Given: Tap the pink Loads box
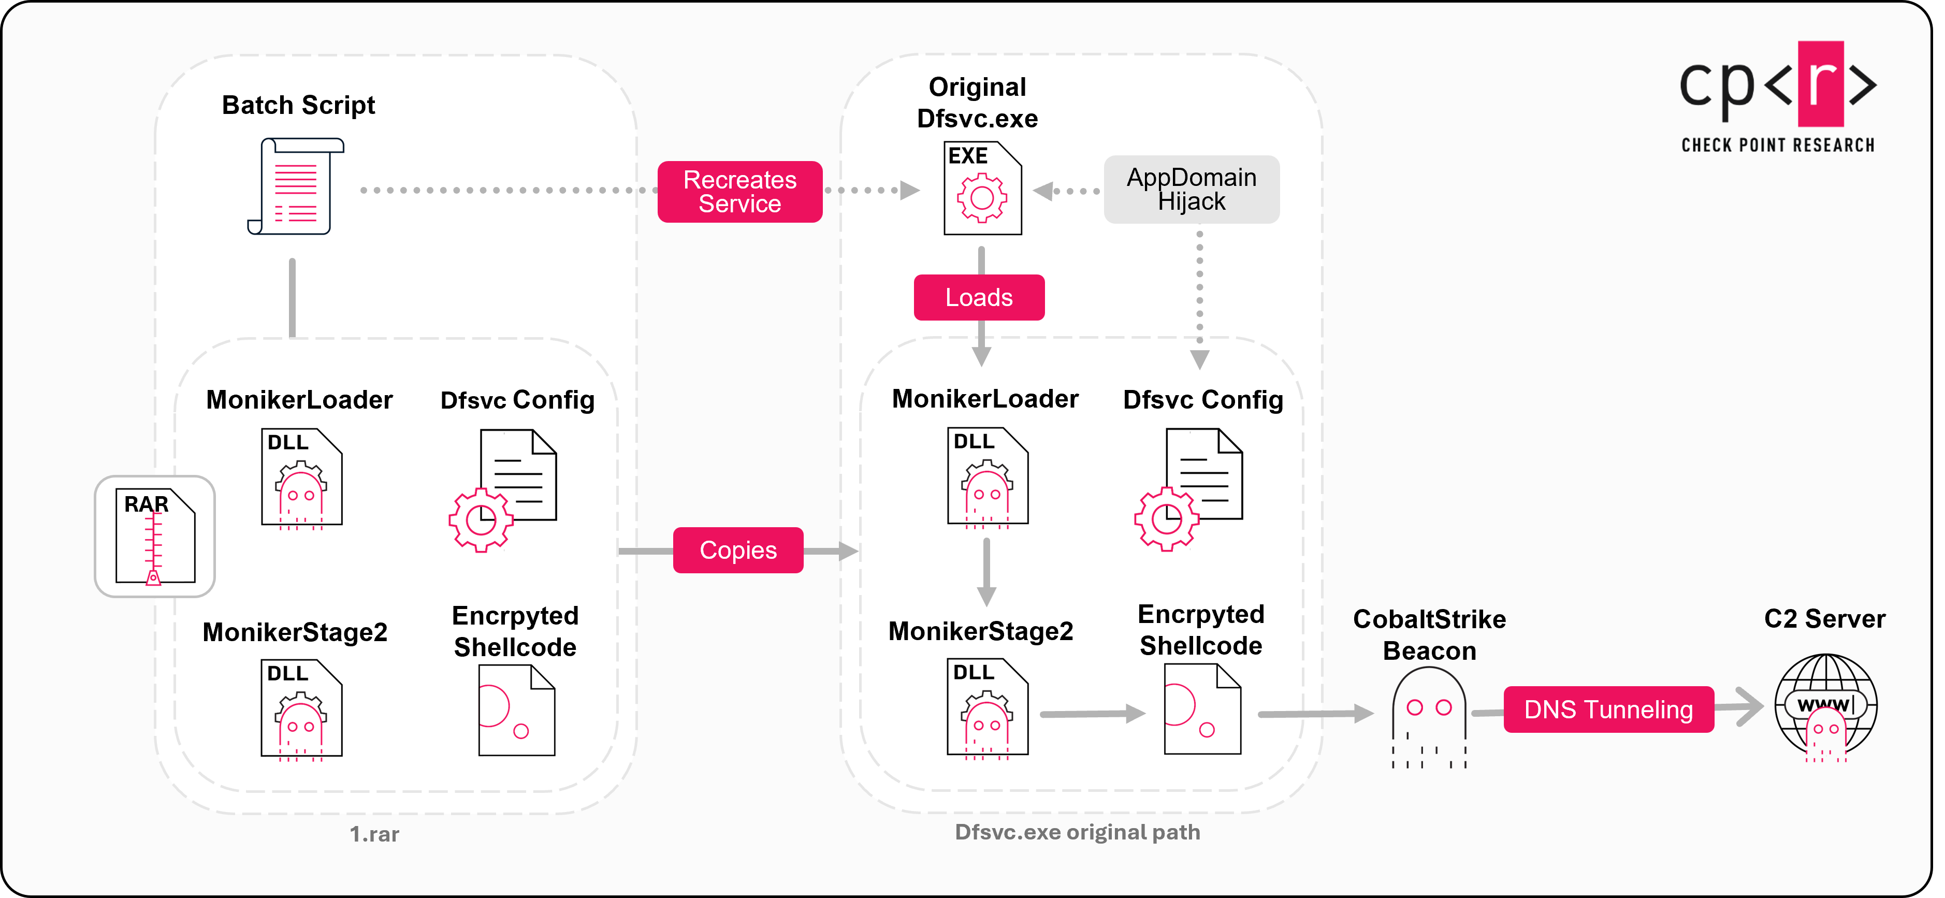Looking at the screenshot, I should click(979, 298).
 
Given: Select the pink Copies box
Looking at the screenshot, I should click(738, 550).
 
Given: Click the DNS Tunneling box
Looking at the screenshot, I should click(1608, 709).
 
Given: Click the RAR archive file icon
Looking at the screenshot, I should click(155, 536).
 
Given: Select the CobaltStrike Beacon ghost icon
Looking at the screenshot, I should click(1429, 717).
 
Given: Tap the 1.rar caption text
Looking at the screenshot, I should click(374, 834).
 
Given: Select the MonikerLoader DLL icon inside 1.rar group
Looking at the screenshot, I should click(301, 477).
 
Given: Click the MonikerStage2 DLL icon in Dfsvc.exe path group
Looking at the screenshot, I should click(987, 707).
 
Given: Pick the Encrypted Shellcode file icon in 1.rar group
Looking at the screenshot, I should click(516, 710).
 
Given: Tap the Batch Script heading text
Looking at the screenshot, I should click(298, 105).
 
